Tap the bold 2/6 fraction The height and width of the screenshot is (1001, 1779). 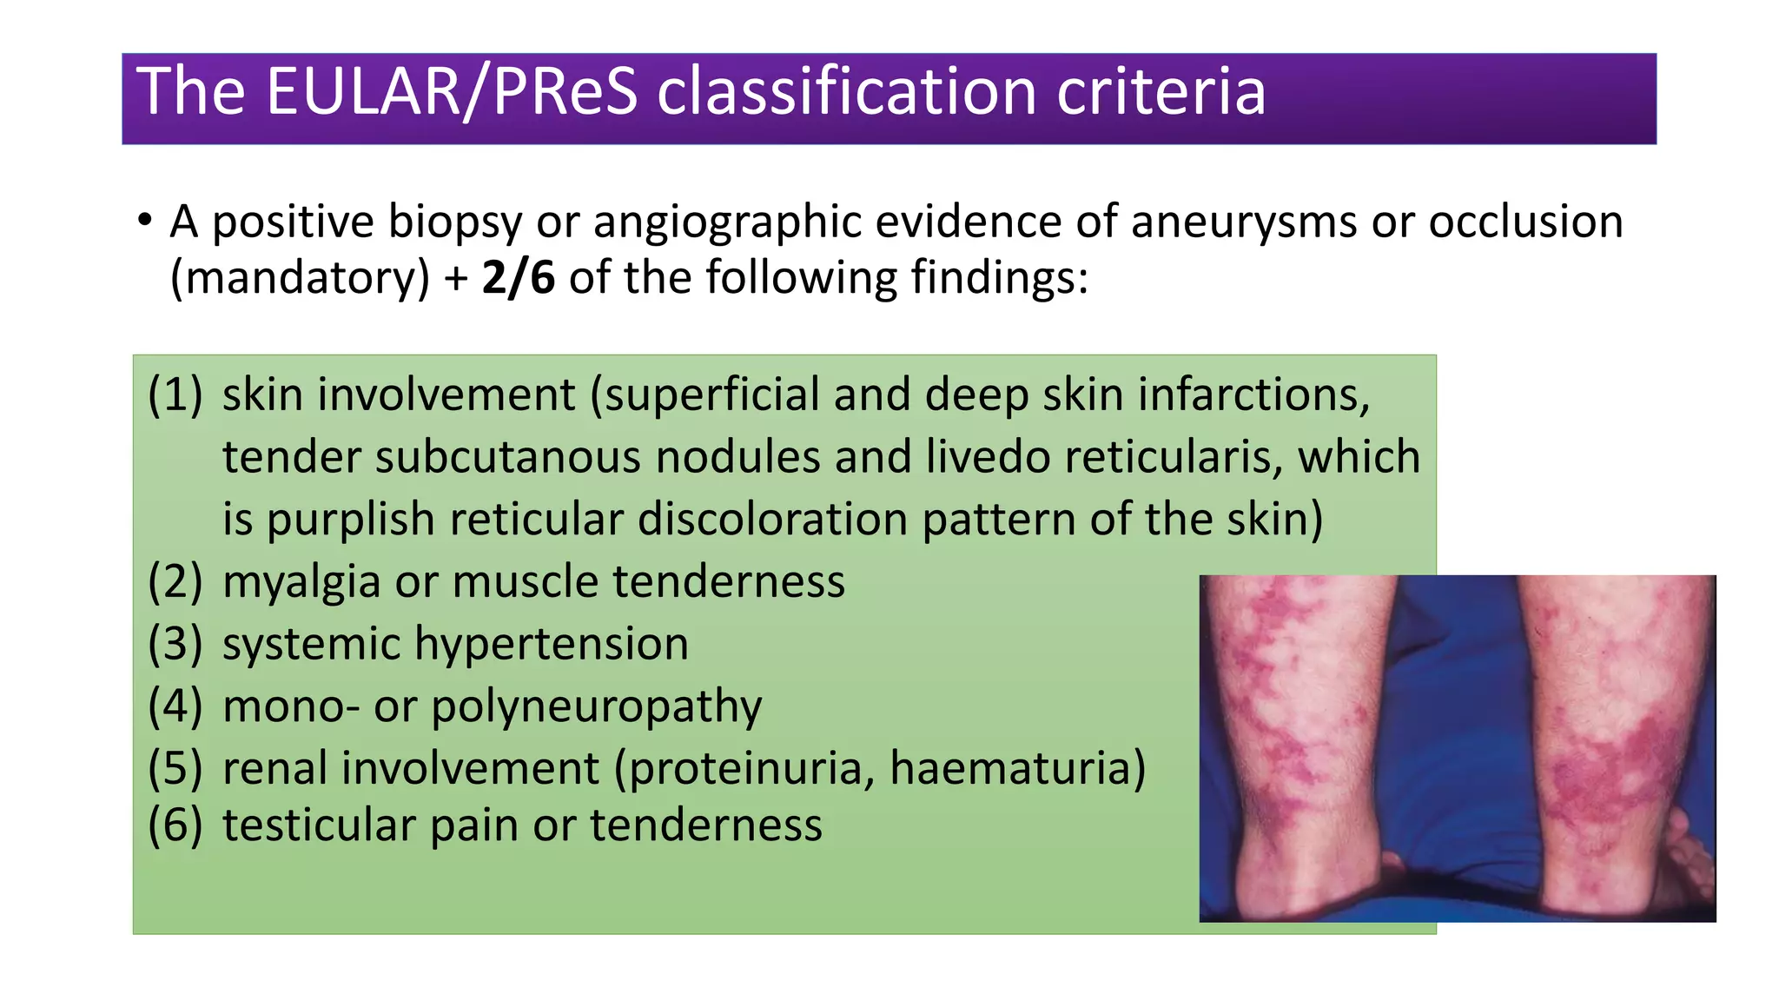[x=518, y=278]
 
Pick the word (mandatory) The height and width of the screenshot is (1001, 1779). [x=300, y=278]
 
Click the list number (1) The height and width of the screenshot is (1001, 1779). [x=175, y=394]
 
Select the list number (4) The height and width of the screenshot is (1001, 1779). [x=175, y=706]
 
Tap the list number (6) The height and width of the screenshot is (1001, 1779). [x=175, y=825]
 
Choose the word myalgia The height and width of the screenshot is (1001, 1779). [x=301, y=582]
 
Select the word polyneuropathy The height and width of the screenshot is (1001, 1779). [x=596, y=707]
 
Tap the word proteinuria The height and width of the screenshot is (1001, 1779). [x=751, y=769]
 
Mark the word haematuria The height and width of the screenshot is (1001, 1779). [x=1017, y=769]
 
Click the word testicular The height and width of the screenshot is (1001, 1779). [x=319, y=825]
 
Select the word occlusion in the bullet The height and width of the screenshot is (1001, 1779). [x=1525, y=222]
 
